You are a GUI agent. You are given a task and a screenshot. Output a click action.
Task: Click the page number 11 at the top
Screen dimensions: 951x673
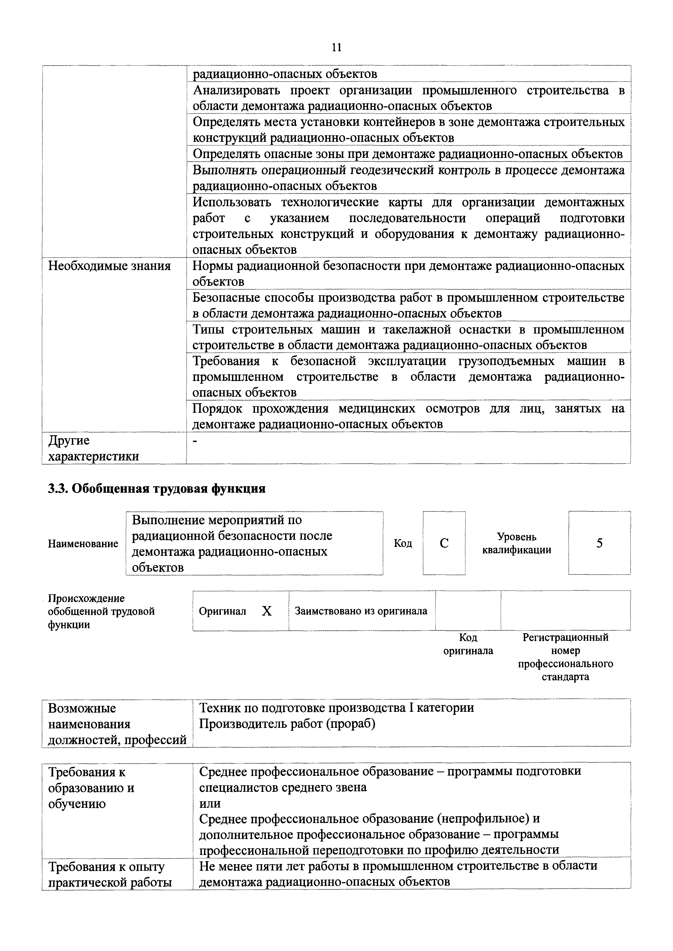[x=336, y=48]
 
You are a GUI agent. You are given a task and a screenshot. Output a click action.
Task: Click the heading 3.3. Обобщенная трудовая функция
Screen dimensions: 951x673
[x=157, y=489]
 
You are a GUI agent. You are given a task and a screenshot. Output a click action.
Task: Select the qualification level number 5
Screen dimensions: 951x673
[x=599, y=543]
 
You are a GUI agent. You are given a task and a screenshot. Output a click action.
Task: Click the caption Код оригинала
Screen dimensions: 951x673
[x=468, y=644]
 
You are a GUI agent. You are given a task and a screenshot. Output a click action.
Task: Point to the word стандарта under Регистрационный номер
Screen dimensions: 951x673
[x=565, y=677]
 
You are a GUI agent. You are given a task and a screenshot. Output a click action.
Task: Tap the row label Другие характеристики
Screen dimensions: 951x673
[x=93, y=448]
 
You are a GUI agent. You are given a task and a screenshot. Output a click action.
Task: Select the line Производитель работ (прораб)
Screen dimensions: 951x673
[x=287, y=723]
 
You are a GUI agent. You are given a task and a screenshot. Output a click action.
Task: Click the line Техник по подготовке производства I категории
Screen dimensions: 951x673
[x=336, y=708]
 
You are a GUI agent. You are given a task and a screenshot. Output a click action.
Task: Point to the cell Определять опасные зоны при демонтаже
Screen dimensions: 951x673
[x=407, y=154]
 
